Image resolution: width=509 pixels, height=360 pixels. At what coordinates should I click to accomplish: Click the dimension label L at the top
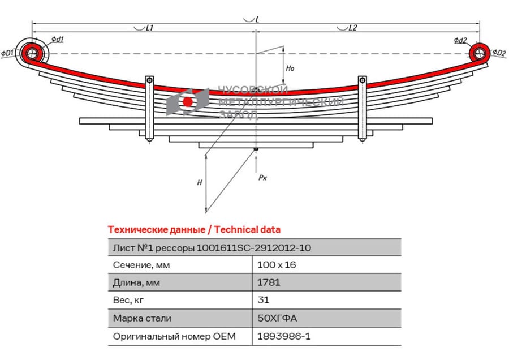click(257, 19)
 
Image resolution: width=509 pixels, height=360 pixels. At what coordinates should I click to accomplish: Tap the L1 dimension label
click(149, 28)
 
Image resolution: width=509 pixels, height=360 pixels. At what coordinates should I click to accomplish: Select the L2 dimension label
click(353, 28)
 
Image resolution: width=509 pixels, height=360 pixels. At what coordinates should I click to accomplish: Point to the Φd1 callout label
click(58, 40)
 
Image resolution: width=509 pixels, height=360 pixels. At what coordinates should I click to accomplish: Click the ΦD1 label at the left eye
click(7, 53)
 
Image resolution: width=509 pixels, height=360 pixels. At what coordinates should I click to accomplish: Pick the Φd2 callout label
click(460, 40)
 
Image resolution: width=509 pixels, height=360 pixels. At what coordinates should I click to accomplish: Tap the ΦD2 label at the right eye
click(499, 52)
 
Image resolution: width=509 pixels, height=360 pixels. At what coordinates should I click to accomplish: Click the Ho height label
click(290, 68)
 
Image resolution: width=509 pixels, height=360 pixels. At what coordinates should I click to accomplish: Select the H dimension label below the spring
click(200, 183)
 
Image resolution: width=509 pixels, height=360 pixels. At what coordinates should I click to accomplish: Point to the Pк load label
click(262, 177)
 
